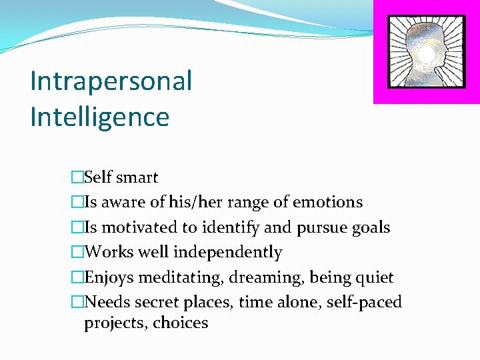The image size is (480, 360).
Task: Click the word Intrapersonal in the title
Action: (111, 81)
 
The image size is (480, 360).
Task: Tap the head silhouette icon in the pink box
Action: (427, 51)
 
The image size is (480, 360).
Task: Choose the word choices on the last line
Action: (181, 323)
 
